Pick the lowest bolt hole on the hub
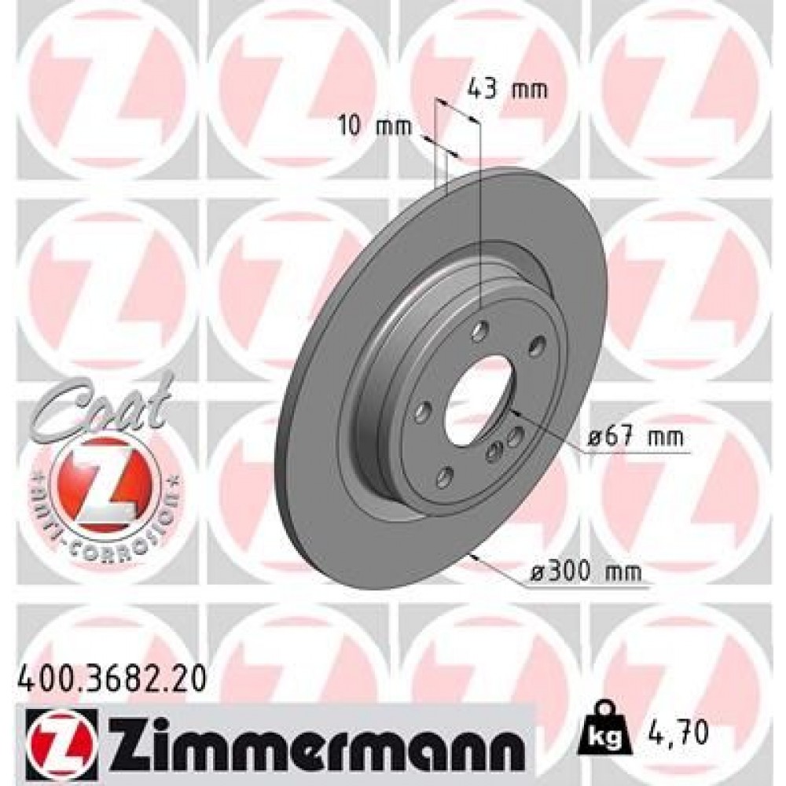444,476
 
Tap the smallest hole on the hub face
495,450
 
